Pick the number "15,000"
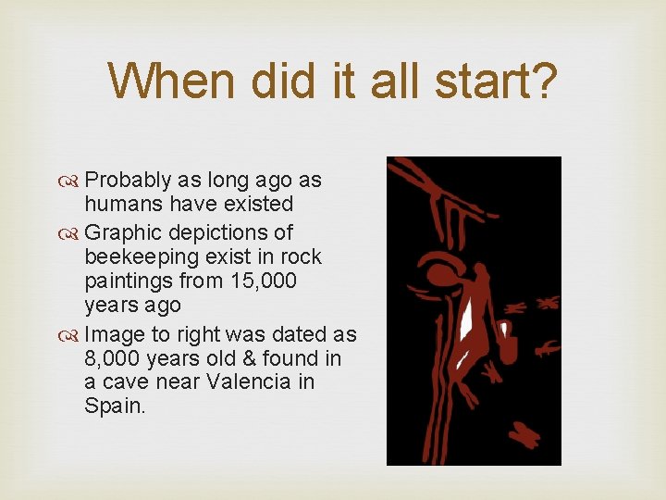pos(260,280)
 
